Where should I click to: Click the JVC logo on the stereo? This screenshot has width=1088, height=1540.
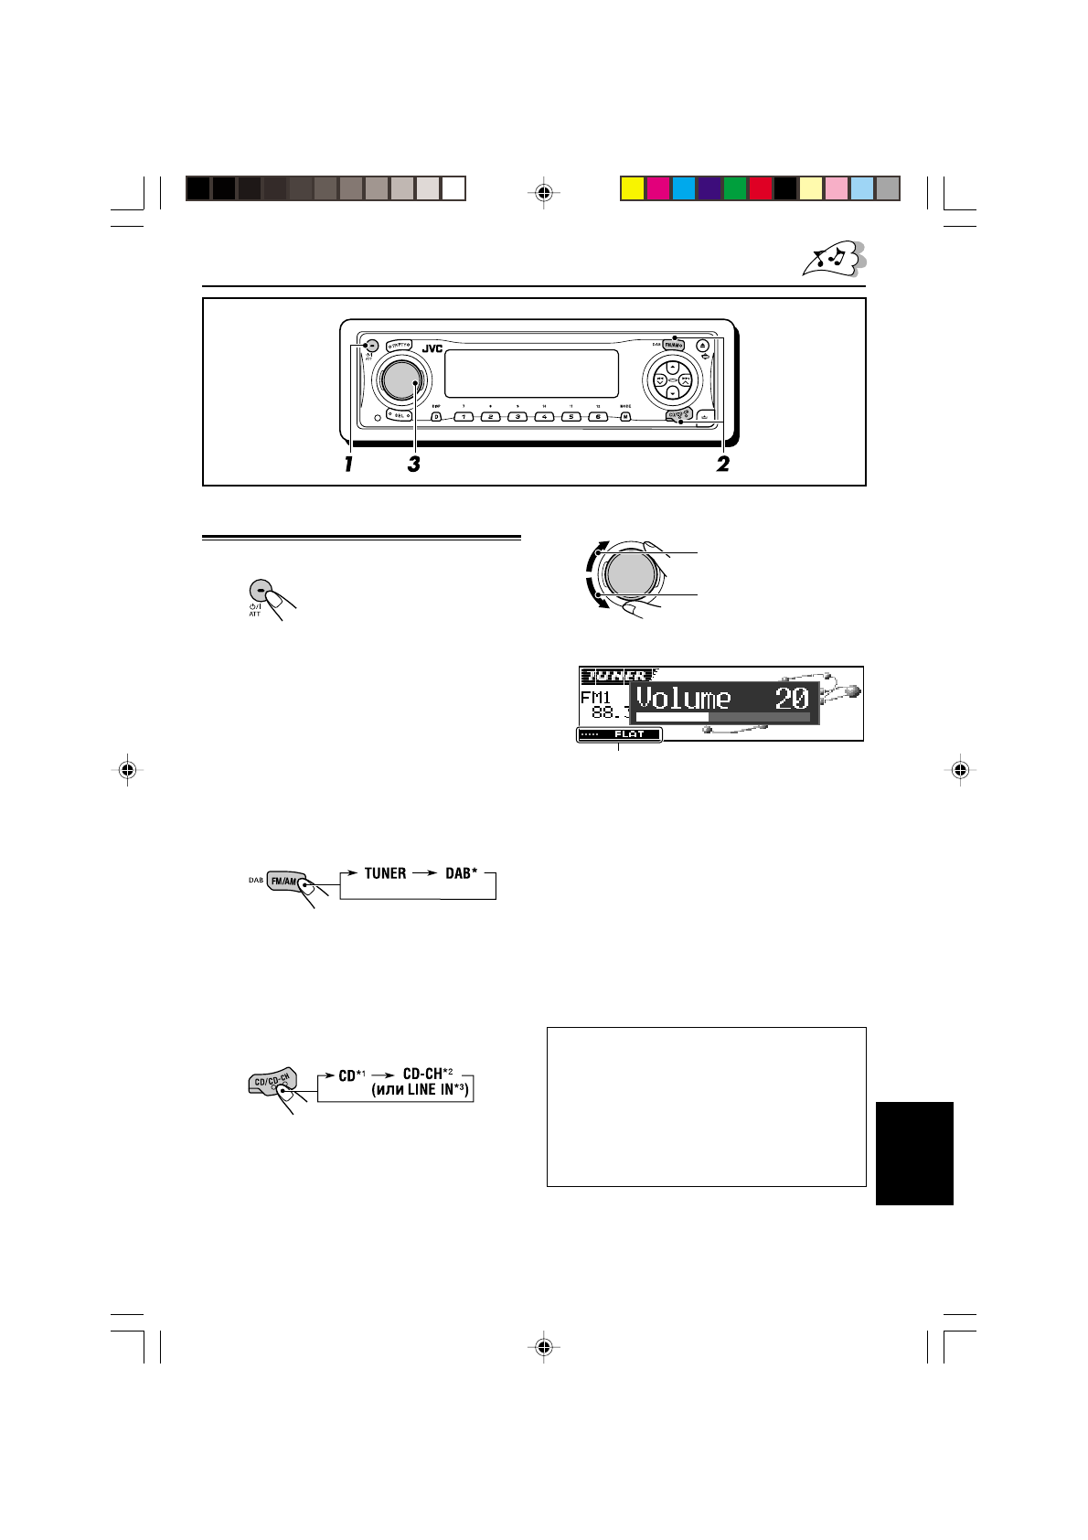pos(432,348)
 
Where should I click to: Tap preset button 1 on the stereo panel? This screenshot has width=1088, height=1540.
pos(464,417)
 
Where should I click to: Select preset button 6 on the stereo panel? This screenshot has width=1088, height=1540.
pos(597,417)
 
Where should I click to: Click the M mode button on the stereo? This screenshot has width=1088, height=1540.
pos(625,417)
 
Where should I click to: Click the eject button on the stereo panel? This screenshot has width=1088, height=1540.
pos(702,346)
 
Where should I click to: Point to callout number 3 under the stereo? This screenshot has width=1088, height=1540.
pos(413,465)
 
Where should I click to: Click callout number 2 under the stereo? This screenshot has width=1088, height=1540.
pos(722,465)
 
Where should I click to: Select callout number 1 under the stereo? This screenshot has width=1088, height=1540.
pos(348,465)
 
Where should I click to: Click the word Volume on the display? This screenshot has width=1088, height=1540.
pos(683,699)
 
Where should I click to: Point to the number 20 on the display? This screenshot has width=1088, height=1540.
pos(791,699)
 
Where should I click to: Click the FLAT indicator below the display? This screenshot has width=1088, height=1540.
pos(629,734)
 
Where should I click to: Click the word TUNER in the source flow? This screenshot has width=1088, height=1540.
pos(385,873)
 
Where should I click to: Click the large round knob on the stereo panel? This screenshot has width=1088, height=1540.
pos(398,380)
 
